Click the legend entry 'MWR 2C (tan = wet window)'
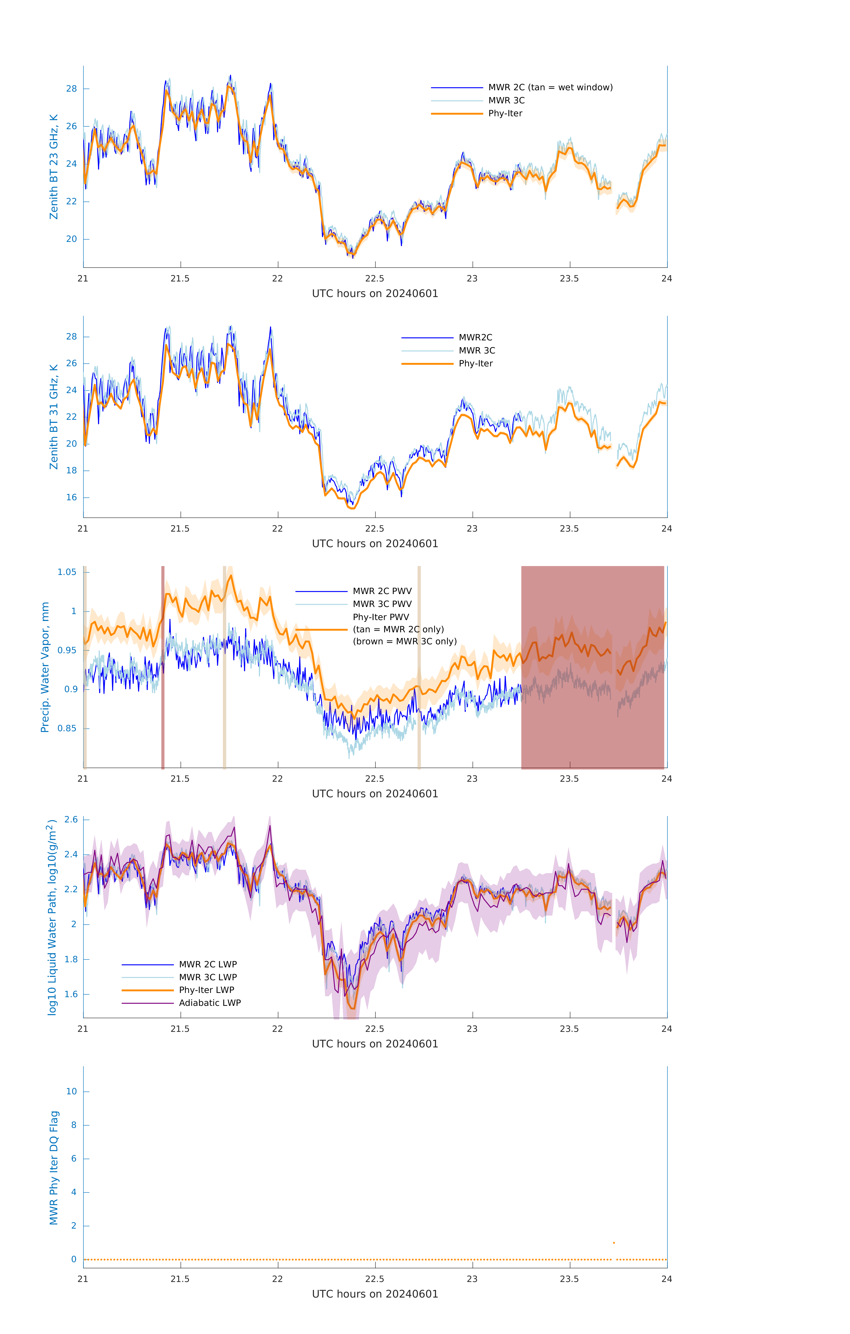coord(550,88)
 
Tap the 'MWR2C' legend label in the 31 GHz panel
coord(475,337)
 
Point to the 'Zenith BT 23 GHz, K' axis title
coord(54,167)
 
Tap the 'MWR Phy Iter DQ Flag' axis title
coord(54,1168)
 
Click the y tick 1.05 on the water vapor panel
coord(67,572)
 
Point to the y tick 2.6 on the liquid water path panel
coord(71,819)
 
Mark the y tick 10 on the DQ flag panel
coord(71,1091)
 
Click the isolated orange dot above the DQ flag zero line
coord(614,1243)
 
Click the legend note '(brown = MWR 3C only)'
coord(405,641)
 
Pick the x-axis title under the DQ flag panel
coord(375,1294)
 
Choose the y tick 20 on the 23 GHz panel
coord(71,239)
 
